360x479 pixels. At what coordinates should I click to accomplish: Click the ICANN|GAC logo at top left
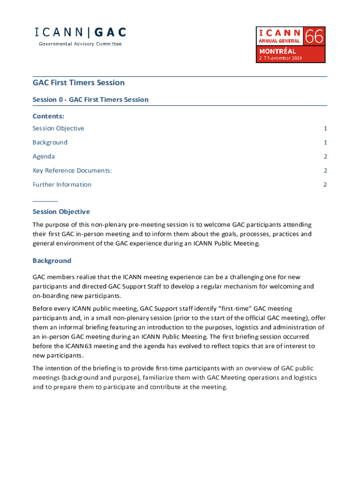coord(80,33)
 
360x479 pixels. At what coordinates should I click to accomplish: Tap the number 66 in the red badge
coord(314,36)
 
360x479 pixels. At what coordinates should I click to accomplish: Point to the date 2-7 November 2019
coord(281,58)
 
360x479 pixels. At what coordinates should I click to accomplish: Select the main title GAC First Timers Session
coord(79,83)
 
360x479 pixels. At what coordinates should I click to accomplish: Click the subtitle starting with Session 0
coord(90,100)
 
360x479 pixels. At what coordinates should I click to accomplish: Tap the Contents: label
coord(48,116)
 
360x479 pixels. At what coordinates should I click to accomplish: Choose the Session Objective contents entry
coord(58,129)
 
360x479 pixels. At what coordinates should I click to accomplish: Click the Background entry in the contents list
coord(50,143)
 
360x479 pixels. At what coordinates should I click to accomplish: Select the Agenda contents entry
coord(43,157)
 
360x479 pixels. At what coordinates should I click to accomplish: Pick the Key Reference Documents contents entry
coord(72,171)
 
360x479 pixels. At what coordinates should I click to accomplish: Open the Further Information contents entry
coord(62,185)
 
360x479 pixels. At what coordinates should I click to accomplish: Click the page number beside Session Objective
coord(325,129)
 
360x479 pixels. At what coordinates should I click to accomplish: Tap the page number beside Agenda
coord(325,157)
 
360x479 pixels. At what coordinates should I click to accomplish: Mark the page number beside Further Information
coord(325,185)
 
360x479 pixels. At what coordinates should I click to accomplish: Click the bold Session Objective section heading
coord(61,212)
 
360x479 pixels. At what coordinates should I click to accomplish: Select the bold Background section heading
coord(51,261)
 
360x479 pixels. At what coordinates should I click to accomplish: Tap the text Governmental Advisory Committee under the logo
coord(80,44)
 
